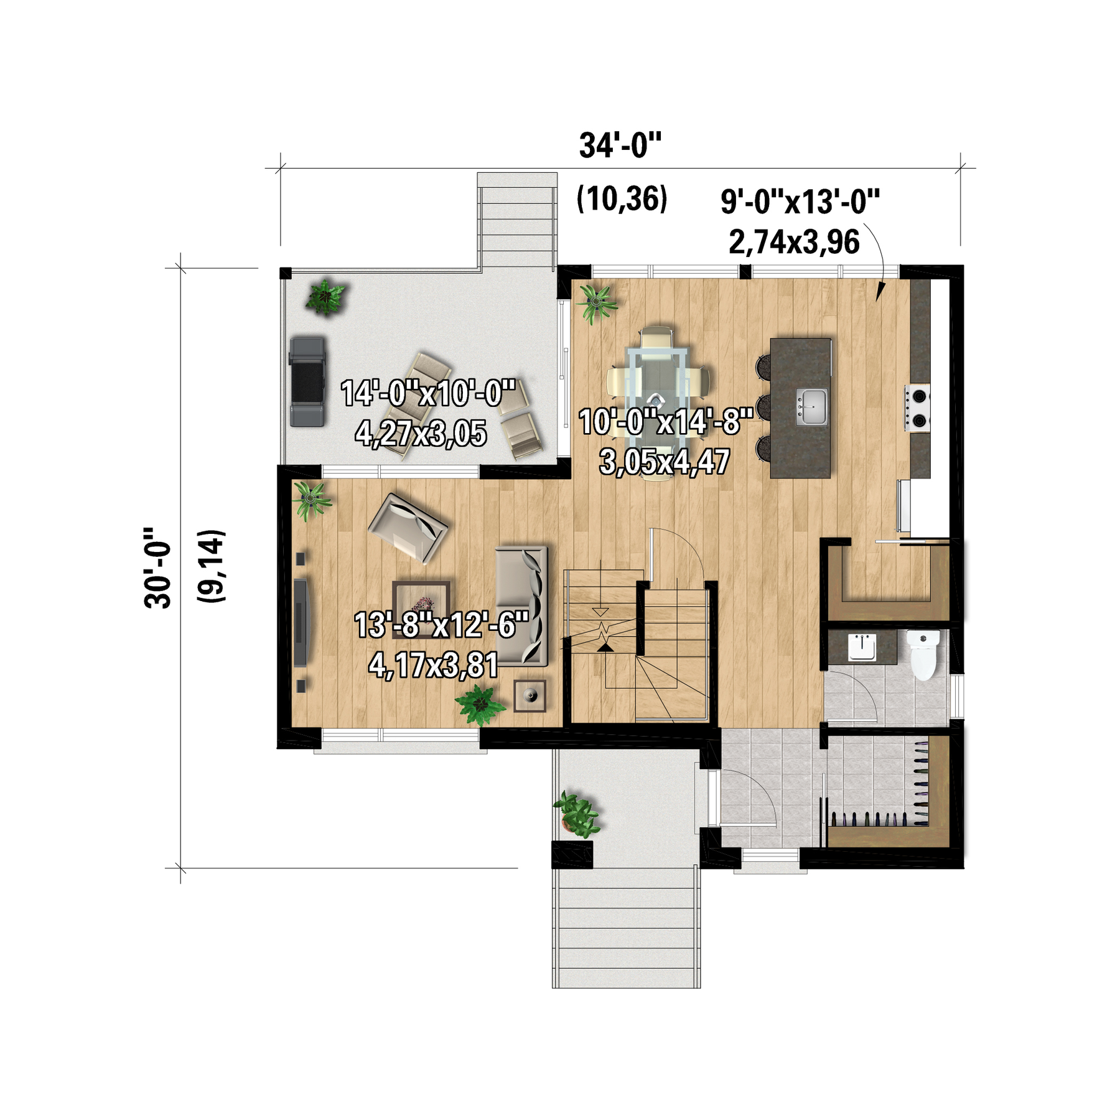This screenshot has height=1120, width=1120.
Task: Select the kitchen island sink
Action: pos(812,407)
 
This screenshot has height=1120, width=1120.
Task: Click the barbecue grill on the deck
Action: pos(307,381)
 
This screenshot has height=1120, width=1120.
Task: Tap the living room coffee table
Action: pos(421,605)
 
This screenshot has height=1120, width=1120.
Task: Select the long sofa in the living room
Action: pos(521,606)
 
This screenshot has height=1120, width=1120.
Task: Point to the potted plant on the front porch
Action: pos(576,814)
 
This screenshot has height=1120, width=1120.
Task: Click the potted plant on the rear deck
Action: pos(325,296)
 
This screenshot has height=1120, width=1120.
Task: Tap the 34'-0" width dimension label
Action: pos(620,146)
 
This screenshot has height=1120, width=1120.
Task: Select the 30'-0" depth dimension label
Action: pos(157,567)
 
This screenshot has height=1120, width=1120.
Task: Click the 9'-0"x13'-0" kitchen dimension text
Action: pos(801,202)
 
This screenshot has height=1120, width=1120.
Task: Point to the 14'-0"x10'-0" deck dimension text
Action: pos(428,393)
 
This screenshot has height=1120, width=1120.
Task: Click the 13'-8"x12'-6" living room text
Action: pos(441,625)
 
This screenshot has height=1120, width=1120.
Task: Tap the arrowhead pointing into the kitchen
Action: pos(880,292)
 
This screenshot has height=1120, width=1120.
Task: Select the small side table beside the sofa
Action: pos(530,696)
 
